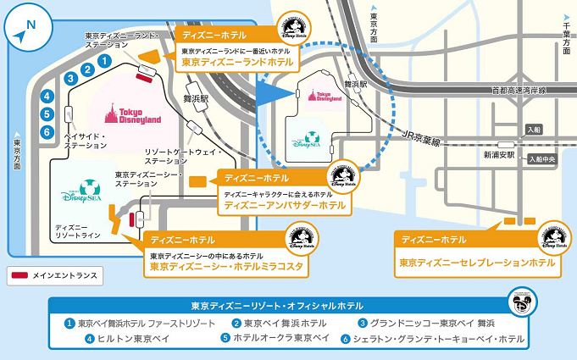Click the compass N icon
click(24, 30)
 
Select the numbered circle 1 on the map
click(103, 61)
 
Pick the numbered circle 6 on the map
click(47, 131)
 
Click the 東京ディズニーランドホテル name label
click(237, 63)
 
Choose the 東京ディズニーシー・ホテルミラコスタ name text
click(227, 267)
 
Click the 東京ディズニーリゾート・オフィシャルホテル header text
click(277, 305)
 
